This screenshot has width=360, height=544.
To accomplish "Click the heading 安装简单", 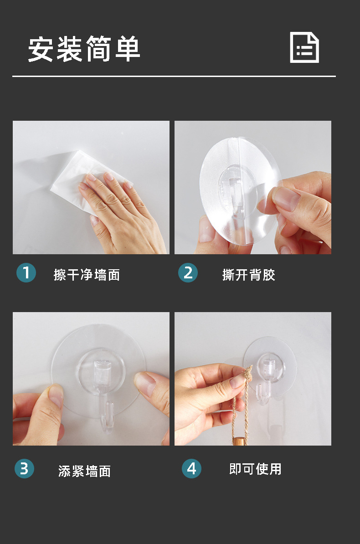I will click(84, 49).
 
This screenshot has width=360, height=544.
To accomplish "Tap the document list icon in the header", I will click(304, 47).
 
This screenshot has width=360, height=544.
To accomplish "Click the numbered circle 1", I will click(26, 273).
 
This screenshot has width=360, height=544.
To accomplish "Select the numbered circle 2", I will click(188, 273).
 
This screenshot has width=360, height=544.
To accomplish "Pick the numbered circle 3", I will click(24, 469).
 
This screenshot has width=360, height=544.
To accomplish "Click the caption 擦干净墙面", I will click(87, 275).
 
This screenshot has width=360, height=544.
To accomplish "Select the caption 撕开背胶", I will click(249, 275).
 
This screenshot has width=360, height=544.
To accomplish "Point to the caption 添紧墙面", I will click(84, 471).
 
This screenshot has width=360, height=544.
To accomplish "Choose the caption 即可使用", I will click(255, 469).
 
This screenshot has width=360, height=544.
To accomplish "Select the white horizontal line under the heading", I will click(174, 76).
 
